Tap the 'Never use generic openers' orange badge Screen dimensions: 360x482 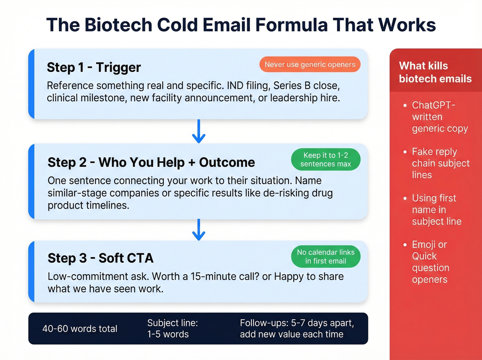310,64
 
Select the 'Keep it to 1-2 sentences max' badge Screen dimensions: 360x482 326,160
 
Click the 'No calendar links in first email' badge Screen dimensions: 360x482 326,257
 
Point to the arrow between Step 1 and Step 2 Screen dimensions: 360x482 199,131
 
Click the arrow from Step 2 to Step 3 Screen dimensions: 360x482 199,229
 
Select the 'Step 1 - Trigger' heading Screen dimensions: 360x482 94,68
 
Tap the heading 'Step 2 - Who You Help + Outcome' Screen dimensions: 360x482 151,162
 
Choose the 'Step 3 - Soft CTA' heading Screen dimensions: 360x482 101,258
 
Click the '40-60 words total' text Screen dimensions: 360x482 80,329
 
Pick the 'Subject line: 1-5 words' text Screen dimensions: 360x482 172,328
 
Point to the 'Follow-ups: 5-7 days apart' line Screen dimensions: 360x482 297,323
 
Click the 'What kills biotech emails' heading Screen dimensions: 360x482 435,72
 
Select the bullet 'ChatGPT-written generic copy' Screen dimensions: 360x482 437,117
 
